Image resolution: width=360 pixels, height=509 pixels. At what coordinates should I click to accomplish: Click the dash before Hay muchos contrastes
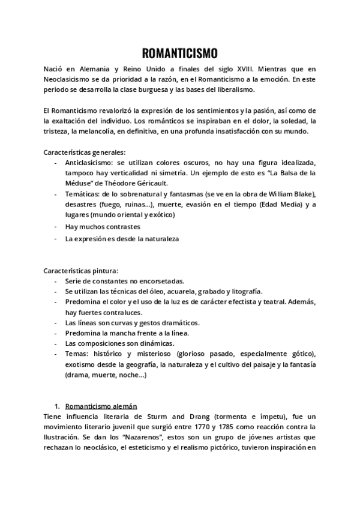(56, 227)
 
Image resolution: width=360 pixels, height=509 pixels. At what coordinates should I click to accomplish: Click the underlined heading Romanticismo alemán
(100, 405)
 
